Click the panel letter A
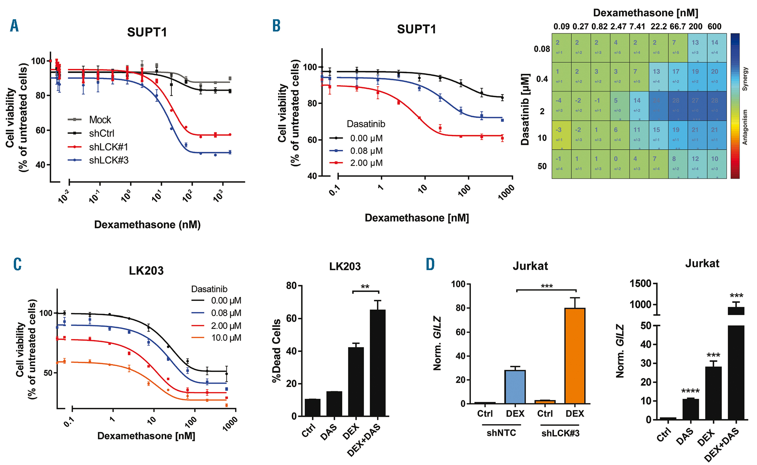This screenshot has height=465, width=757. pos(14,26)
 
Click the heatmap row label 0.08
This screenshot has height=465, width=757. pos(542,49)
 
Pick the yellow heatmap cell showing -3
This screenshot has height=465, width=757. pos(561,135)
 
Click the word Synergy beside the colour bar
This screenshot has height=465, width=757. pos(745,79)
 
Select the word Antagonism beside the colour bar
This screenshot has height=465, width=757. pos(745,127)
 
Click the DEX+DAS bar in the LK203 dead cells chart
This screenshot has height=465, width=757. pos(378,362)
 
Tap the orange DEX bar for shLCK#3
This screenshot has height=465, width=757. pos(575,356)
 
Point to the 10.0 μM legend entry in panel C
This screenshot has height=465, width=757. pos(226,338)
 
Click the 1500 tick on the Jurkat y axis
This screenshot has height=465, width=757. pos(640,283)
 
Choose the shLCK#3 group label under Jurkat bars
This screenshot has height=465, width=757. pos(560,434)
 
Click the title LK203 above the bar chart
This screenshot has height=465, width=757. pos(345,266)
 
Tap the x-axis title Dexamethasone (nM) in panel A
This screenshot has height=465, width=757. pos(147,225)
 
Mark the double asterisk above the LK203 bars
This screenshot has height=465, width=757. pos(365,287)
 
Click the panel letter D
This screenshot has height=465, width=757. pos(430,264)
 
